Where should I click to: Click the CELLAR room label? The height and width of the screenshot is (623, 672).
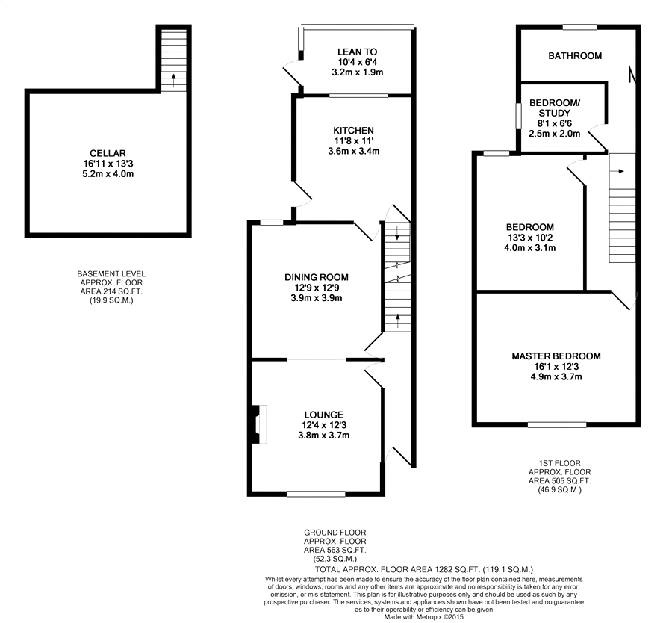coord(108,153)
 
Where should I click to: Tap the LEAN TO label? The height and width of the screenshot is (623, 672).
coord(358,52)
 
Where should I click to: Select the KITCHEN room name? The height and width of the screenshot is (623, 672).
coord(354,130)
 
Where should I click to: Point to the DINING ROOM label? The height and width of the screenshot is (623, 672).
coord(317,277)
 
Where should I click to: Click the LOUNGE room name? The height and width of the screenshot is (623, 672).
coord(324,415)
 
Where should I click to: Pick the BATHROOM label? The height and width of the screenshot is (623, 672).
coord(575,56)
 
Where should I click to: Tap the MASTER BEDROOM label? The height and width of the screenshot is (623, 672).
coord(556,356)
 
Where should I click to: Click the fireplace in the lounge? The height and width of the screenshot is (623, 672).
coord(259,424)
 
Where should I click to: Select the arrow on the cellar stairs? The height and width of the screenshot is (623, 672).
coord(173,80)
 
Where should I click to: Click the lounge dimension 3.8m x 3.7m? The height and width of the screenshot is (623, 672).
coord(324,436)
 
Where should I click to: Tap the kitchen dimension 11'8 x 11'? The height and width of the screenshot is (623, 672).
coord(354,140)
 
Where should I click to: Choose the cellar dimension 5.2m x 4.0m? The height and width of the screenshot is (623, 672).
coord(108,174)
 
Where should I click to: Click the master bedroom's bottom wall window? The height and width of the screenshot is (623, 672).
coord(557,424)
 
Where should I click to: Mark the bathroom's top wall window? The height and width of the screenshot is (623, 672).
coord(580,27)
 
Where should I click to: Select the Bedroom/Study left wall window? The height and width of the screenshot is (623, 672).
coord(518,115)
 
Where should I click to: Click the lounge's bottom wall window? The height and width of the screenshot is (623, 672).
coord(316,494)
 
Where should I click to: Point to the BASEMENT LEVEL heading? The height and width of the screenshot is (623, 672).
coord(111,274)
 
